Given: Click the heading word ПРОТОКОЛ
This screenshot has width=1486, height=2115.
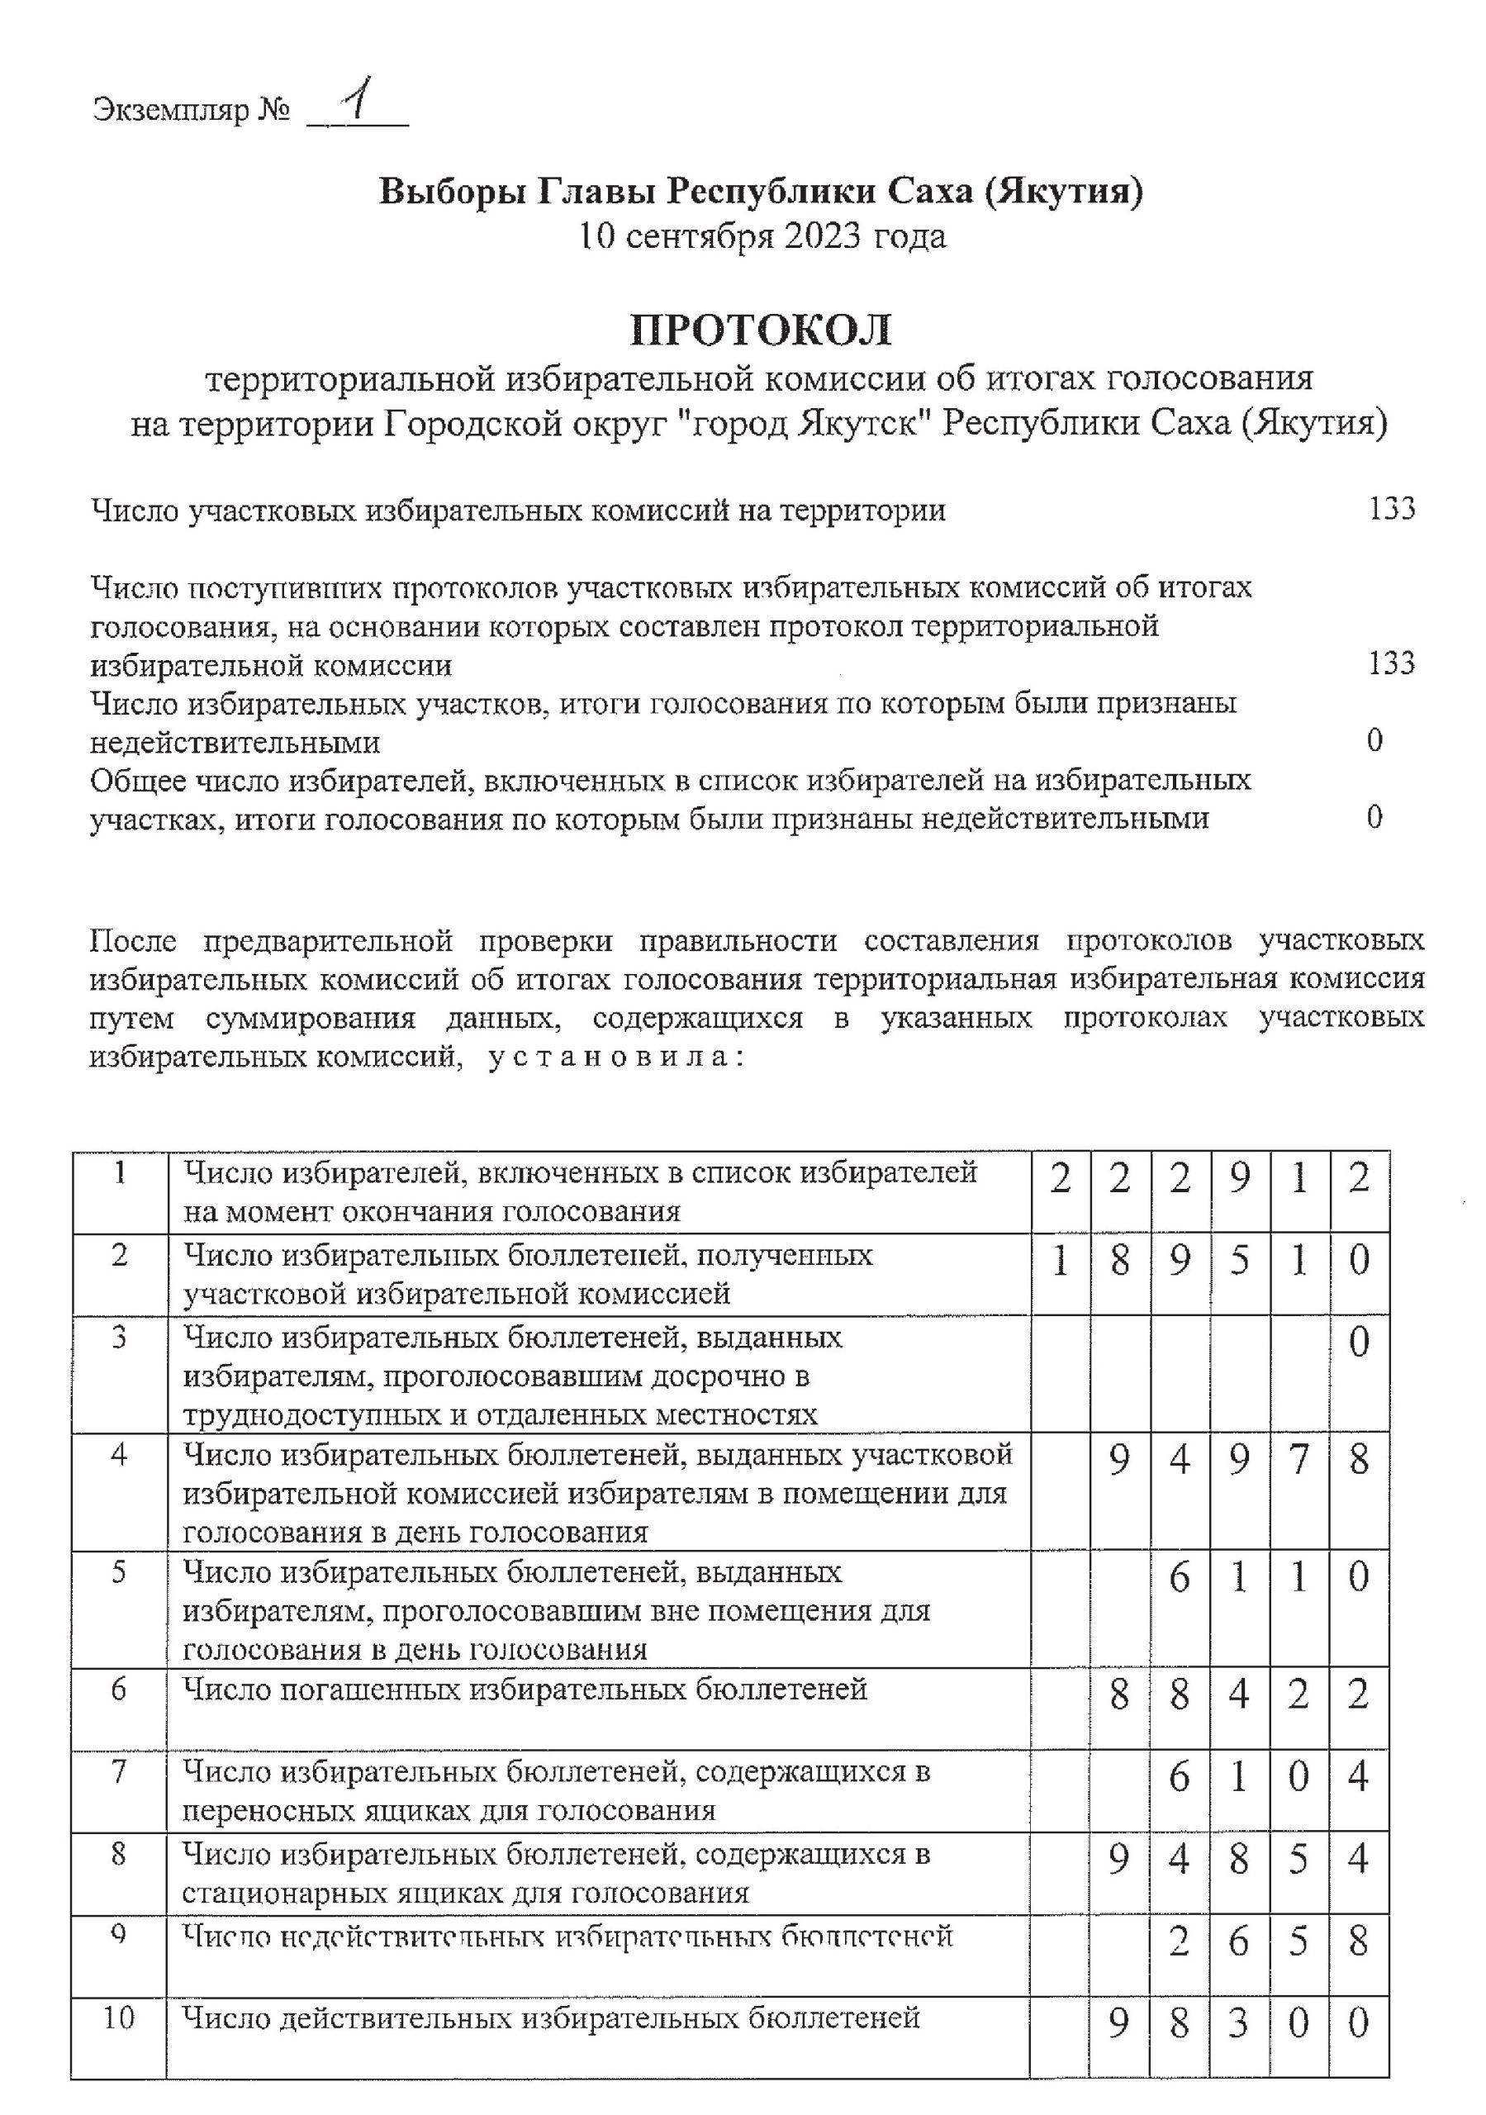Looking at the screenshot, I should click(x=761, y=330).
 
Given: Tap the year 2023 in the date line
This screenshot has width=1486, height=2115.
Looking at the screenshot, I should click(x=823, y=237).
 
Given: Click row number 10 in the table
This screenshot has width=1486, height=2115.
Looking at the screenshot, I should click(x=119, y=2018).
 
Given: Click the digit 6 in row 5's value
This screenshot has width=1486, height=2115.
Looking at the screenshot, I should click(x=1180, y=1578).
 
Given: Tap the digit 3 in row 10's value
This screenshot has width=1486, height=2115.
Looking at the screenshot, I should click(x=1239, y=2024).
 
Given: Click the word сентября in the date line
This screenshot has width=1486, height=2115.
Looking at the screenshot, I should click(x=700, y=237).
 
